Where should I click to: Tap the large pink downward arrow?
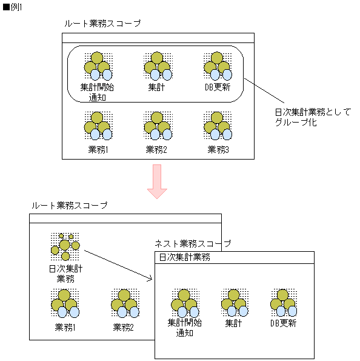pos(157,181)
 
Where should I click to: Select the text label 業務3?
pos(218,149)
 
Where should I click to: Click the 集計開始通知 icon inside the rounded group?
pos(97,66)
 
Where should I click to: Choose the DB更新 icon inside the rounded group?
pos(218,66)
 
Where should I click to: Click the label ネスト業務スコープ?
pos(193,243)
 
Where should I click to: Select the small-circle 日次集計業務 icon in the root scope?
pos(65,246)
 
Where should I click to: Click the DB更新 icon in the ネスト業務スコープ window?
pos(284,303)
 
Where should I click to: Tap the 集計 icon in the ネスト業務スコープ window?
pos(234,303)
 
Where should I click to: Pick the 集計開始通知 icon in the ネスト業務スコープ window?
pos(184,303)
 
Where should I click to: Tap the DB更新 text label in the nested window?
pos(284,323)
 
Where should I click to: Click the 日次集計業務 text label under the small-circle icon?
pos(65,274)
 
